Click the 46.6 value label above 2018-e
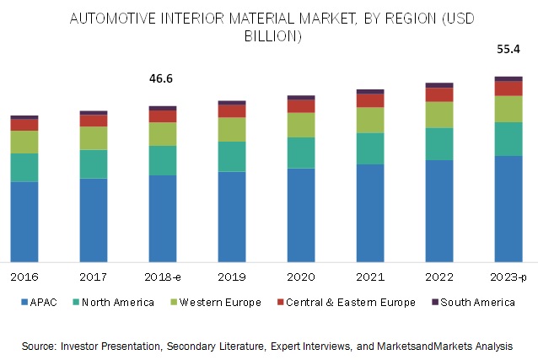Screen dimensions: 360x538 click(163, 78)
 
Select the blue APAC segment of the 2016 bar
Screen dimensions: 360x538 click(24, 221)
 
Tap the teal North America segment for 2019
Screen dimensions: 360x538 click(232, 156)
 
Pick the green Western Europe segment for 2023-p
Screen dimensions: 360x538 click(508, 109)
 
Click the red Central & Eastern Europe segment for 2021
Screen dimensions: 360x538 click(370, 99)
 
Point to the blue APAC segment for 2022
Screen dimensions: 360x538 click(439, 210)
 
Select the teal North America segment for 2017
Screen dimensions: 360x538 click(94, 164)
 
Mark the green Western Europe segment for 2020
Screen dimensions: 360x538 click(301, 125)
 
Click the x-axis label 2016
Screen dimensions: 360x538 click(24, 276)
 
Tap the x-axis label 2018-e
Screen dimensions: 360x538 click(163, 276)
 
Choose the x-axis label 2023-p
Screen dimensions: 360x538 click(508, 276)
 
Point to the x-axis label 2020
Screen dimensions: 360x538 click(301, 276)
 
